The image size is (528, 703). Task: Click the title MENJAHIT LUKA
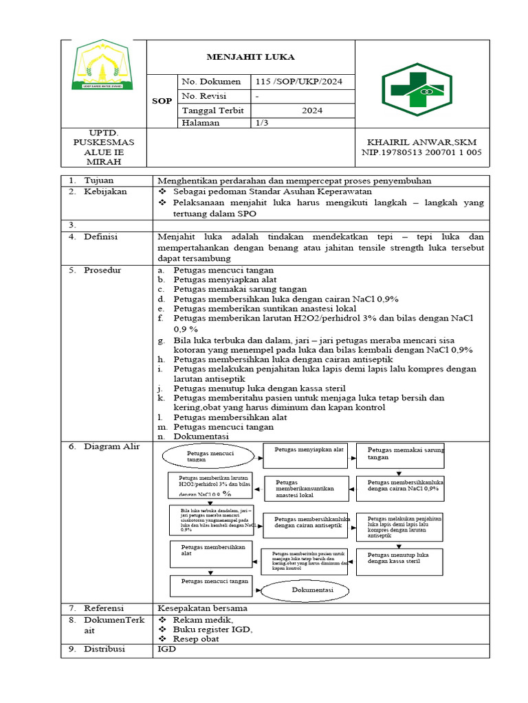(251, 57)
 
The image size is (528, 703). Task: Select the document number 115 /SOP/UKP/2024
(298, 82)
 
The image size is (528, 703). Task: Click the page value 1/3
(262, 122)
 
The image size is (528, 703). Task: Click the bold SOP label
(162, 101)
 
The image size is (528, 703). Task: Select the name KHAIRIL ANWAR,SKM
(422, 141)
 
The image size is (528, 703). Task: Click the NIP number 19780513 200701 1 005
(422, 152)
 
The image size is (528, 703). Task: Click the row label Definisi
(102, 237)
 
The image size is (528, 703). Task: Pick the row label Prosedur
(102, 270)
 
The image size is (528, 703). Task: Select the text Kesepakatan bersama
(202, 608)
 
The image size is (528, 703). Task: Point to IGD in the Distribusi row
(166, 649)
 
